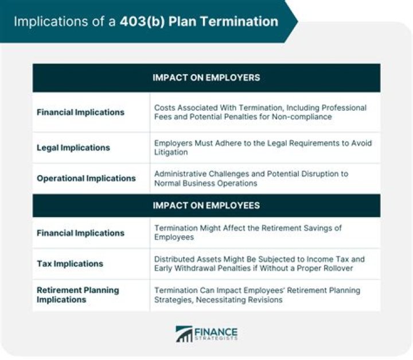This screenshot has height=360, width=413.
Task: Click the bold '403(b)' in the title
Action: pyautogui.click(x=141, y=22)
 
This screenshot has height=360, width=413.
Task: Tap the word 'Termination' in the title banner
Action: pyautogui.click(x=241, y=22)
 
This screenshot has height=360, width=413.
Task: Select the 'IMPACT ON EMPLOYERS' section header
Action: pyautogui.click(x=206, y=78)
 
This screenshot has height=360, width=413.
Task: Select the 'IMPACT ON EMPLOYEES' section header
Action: pyautogui.click(x=206, y=205)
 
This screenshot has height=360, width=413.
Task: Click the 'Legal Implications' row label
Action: pyautogui.click(x=73, y=148)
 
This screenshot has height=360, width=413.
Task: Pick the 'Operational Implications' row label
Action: pyautogui.click(x=86, y=178)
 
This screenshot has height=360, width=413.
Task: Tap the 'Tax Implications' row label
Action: pyautogui.click(x=70, y=264)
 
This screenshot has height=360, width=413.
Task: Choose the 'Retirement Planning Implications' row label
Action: pyautogui.click(x=78, y=295)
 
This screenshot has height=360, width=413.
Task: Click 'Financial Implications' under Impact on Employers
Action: pyautogui.click(x=80, y=112)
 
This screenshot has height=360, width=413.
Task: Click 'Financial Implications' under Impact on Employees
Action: pyautogui.click(x=80, y=233)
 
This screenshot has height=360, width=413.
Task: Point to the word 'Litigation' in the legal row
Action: pyautogui.click(x=171, y=153)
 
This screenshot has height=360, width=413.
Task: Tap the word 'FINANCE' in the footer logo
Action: pyautogui.click(x=217, y=332)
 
